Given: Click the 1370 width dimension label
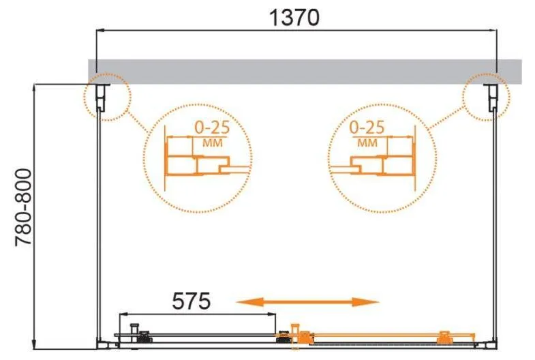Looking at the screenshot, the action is click(294, 18).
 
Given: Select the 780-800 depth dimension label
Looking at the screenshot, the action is click(24, 207).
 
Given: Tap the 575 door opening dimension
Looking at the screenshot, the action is click(192, 301).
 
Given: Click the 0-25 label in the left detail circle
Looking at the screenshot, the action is click(212, 127).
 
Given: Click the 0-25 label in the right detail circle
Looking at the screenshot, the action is click(367, 127).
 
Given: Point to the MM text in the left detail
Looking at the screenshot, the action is click(212, 142).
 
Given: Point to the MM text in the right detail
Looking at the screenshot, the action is click(367, 142).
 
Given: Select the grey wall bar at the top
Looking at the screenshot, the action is click(305, 72).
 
